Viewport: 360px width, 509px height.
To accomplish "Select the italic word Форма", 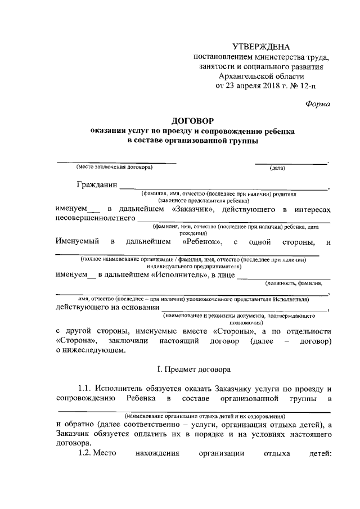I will pos(318,103).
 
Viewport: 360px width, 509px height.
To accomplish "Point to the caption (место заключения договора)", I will pos(115,168).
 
